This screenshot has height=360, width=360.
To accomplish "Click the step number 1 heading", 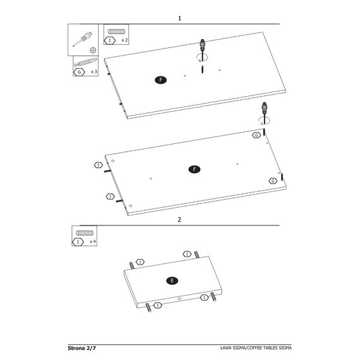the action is [x=179, y=18].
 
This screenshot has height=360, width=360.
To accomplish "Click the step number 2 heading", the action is [x=179, y=220].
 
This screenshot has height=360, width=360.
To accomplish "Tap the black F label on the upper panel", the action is [x=160, y=80].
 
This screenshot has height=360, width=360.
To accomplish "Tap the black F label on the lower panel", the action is [x=195, y=169].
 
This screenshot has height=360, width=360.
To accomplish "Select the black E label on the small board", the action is [x=172, y=280].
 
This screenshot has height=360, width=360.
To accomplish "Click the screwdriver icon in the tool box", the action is [x=83, y=39].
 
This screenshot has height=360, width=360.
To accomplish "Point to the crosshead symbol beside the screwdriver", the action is [x=93, y=51].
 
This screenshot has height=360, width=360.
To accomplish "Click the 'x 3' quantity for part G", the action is [x=94, y=72].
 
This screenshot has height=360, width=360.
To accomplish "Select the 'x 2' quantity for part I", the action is [x=124, y=40].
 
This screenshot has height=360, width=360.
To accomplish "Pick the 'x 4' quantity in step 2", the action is [x=93, y=241].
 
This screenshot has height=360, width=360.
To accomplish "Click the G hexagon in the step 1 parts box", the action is [x=79, y=72].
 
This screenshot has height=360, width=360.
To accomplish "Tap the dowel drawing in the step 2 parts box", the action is [x=85, y=233].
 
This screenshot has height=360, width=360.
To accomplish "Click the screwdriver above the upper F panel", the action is [x=202, y=49].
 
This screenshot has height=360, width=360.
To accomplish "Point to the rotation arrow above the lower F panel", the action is [x=264, y=121].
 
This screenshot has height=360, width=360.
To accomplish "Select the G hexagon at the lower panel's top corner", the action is [x=256, y=135].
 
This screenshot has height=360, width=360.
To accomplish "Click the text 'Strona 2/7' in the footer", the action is [x=81, y=348].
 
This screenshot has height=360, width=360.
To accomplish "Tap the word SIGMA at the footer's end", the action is [x=285, y=348].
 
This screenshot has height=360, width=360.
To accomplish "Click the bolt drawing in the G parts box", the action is [x=86, y=63].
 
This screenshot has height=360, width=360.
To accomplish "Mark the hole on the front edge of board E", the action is [x=179, y=299].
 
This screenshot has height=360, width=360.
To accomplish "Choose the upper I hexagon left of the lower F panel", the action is [x=99, y=165].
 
